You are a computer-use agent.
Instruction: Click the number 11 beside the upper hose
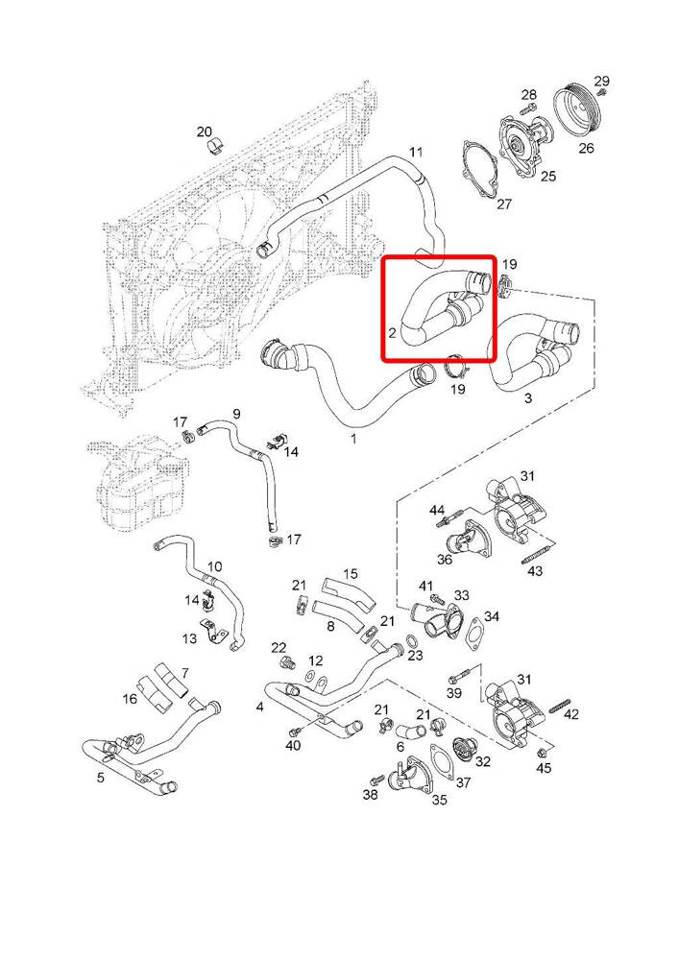pos(416,152)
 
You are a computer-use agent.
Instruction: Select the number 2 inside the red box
pos(393,332)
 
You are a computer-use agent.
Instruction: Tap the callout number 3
pos(527,397)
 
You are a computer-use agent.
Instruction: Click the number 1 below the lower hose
pos(352,439)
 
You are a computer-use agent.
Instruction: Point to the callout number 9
pos(235,414)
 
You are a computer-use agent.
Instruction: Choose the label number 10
pos(214,566)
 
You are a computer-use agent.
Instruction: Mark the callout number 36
pos(445,560)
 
